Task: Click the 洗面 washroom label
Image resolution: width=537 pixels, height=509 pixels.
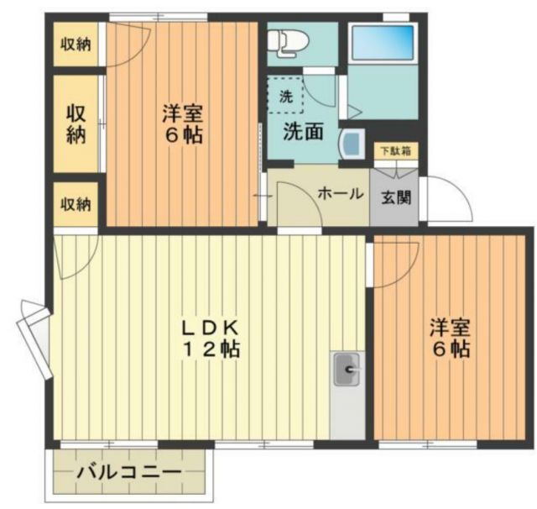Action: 302,132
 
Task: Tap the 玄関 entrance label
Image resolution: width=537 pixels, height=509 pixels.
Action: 395,197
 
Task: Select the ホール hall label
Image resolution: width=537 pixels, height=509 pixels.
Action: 339,193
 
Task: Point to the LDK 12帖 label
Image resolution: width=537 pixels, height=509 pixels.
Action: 212,338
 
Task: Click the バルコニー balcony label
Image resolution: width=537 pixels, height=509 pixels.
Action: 128,473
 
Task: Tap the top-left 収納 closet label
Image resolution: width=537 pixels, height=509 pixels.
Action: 76,44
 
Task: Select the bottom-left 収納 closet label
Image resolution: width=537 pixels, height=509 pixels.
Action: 76,204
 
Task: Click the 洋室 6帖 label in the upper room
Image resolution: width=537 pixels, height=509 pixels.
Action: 182,123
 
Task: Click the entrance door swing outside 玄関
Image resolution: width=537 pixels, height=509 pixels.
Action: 445,200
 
